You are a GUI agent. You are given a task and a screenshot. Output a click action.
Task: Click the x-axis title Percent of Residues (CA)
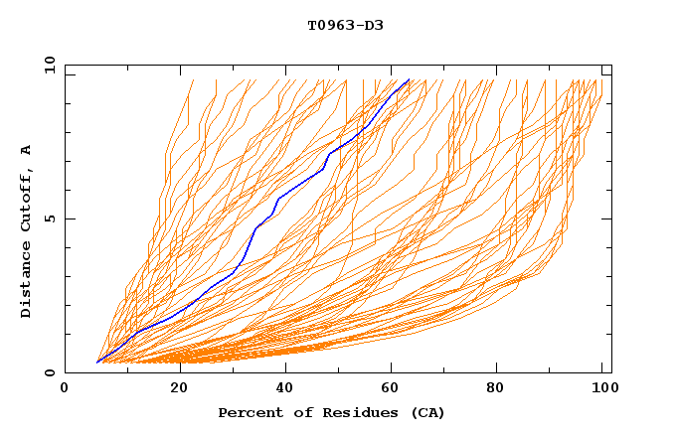click(x=331, y=412)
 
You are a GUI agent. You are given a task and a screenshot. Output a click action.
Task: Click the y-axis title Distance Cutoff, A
click(x=26, y=230)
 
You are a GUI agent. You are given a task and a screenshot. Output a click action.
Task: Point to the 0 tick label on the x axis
click(x=65, y=388)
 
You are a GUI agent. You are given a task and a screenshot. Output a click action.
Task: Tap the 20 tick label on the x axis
click(x=180, y=388)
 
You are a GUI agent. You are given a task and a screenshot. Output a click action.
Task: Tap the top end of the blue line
click(x=409, y=79)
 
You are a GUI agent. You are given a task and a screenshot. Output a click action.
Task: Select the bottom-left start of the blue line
click(x=97, y=362)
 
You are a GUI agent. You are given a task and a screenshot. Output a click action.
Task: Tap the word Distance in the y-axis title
click(x=26, y=278)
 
